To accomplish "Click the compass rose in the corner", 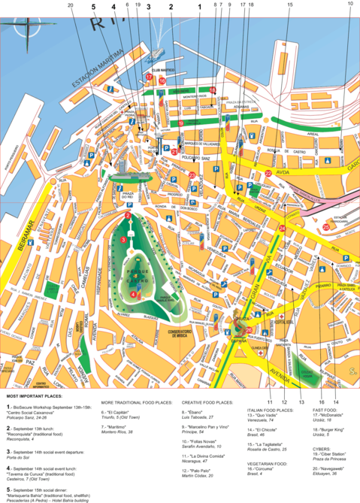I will point(28,30).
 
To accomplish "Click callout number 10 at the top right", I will point(349,5).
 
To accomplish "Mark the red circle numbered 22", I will point(268,174).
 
